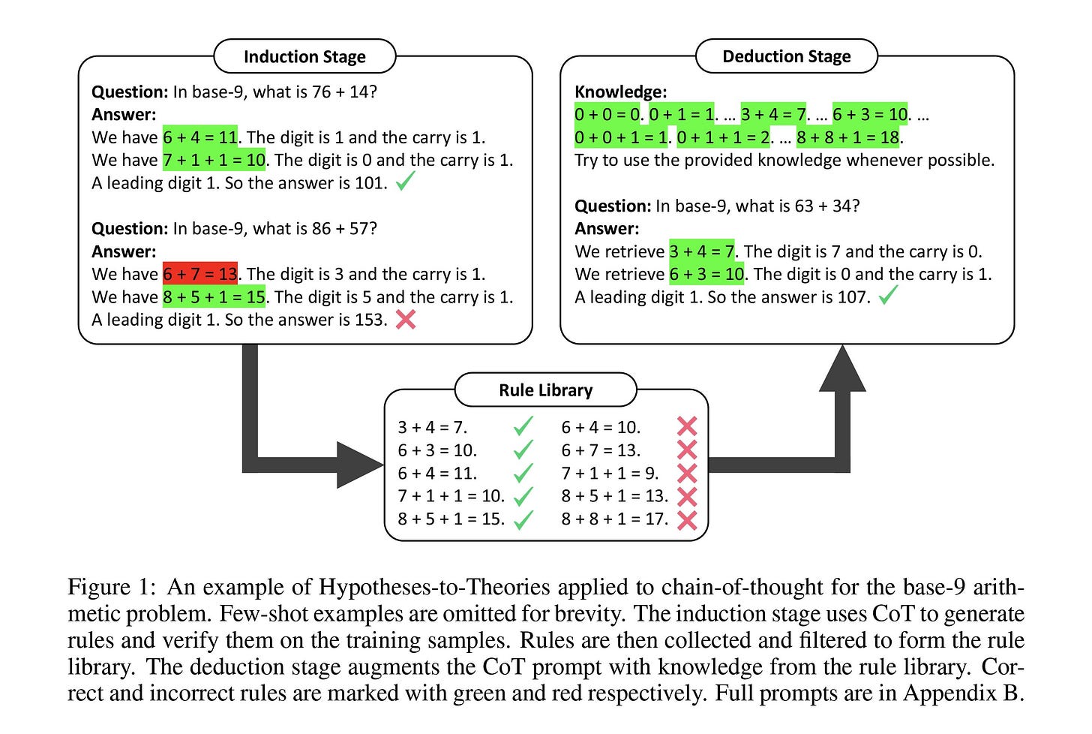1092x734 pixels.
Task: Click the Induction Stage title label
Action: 304,57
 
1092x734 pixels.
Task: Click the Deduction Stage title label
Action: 786,56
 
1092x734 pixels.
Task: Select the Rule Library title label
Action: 545,390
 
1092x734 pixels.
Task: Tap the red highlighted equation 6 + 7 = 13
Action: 200,274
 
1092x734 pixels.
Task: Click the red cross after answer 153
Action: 406,320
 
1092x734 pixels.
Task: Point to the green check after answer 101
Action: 405,182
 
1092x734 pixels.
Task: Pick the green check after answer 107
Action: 888,297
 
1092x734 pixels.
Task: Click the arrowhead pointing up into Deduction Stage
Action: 843,370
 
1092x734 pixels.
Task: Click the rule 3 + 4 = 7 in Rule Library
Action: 432,428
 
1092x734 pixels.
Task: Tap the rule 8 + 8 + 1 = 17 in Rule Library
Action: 614,519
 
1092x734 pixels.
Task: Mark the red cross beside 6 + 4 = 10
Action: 686,427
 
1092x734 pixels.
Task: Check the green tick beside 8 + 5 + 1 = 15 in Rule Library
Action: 523,519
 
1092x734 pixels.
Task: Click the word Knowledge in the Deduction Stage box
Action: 620,92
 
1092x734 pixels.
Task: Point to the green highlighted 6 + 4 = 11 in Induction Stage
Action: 200,137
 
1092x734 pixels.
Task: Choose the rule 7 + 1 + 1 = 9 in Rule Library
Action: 610,474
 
